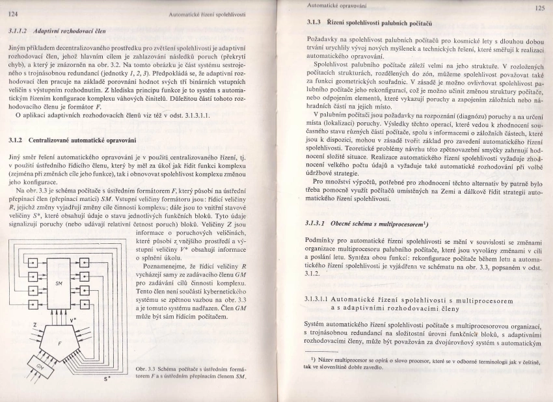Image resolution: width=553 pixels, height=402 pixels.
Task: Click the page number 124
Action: pyautogui.click(x=12, y=13)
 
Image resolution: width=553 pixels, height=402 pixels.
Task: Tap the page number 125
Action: pyautogui.click(x=539, y=8)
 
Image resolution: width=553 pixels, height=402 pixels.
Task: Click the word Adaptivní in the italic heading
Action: pyautogui.click(x=50, y=30)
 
